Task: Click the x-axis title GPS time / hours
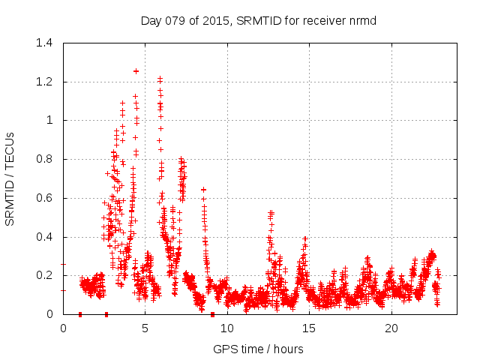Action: [259, 349]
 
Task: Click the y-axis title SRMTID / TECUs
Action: [10, 178]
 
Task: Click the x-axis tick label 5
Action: [145, 328]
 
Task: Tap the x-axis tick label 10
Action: [227, 328]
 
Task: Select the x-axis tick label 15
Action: [309, 328]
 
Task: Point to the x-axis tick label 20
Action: [391, 328]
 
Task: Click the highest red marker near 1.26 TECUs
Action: [136, 70]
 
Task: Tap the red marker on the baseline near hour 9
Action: [212, 314]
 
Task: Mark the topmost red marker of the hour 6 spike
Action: [160, 78]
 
